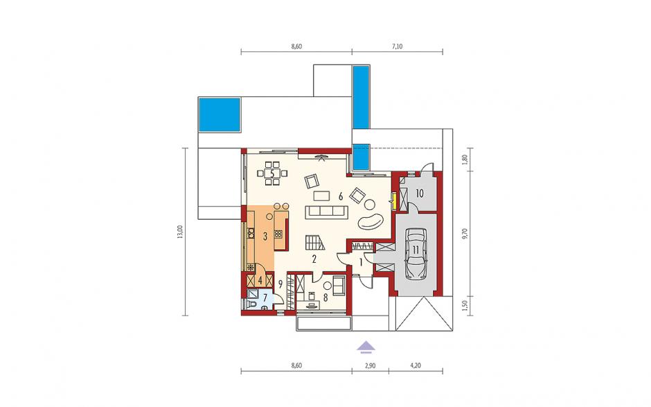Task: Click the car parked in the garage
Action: [416, 254]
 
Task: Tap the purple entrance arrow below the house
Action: [366, 346]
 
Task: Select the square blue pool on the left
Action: [220, 114]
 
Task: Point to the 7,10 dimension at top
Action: [398, 46]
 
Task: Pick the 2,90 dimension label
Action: [371, 366]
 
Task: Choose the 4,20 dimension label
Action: [416, 366]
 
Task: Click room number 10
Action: [419, 193]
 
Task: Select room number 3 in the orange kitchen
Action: [265, 236]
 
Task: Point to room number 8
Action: [325, 297]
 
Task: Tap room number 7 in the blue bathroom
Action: [265, 297]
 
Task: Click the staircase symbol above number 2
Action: [314, 243]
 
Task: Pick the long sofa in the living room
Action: [326, 212]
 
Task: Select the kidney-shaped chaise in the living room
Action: [371, 221]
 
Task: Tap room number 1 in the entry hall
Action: [361, 263]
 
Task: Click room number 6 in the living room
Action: [341, 197]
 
